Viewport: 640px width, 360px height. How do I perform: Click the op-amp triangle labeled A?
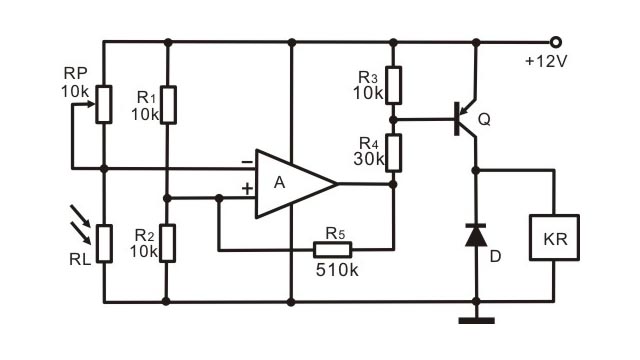(x=290, y=184)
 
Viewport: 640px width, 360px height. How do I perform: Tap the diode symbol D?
(x=476, y=236)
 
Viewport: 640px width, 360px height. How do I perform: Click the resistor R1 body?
(x=167, y=104)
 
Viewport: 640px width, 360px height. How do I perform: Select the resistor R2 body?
(x=167, y=242)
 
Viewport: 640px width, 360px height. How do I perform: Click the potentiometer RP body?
(x=103, y=103)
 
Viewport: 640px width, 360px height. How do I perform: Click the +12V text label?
(x=547, y=62)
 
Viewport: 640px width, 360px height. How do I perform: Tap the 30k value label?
(x=369, y=158)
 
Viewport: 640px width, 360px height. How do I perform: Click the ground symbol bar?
(x=476, y=321)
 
